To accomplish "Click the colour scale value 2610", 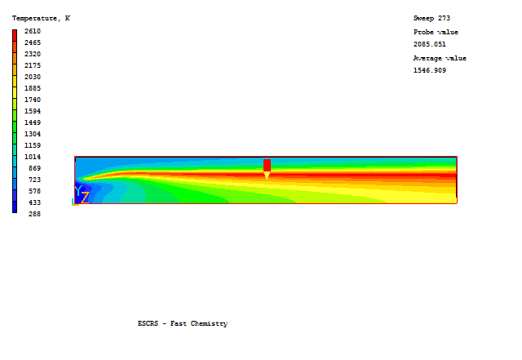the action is (x=33, y=31).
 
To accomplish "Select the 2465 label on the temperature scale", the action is (x=33, y=42).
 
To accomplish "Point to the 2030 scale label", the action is (x=33, y=77).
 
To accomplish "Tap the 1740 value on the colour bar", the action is (x=33, y=100).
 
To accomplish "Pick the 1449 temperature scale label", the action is (x=33, y=122).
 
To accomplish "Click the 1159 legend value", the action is (x=33, y=145).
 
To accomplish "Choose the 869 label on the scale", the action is (x=34, y=168).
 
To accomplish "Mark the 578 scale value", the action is (x=34, y=191).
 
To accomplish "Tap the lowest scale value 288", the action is (x=34, y=214).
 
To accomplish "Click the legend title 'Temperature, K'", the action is (x=41, y=18).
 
